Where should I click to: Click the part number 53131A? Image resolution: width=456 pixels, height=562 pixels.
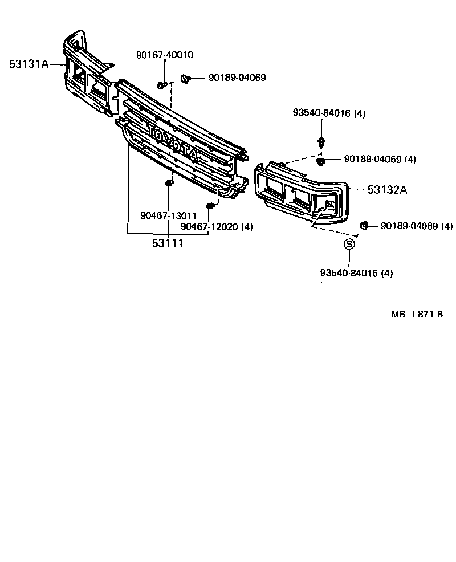(x=28, y=64)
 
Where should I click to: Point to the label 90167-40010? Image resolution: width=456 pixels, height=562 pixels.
(x=164, y=55)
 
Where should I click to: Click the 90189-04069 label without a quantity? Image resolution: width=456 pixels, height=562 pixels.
(x=237, y=78)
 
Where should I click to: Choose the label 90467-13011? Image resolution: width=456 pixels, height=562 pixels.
(x=168, y=216)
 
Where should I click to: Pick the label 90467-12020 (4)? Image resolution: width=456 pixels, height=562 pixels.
(x=216, y=227)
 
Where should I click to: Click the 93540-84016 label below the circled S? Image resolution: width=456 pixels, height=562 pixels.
(x=356, y=273)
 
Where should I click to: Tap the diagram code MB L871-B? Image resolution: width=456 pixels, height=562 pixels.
(x=417, y=314)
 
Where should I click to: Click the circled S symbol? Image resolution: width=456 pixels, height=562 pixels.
(x=349, y=244)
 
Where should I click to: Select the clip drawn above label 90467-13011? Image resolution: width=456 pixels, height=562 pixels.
(x=168, y=183)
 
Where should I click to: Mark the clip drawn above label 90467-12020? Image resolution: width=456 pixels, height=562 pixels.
(x=210, y=205)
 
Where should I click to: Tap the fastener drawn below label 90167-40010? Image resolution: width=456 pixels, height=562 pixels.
(x=162, y=85)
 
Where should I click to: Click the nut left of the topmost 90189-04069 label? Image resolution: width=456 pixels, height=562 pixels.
(x=185, y=79)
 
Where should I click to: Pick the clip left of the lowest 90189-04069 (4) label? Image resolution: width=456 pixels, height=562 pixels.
(x=363, y=226)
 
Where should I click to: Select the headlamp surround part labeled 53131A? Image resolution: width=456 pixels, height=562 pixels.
(x=85, y=74)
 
